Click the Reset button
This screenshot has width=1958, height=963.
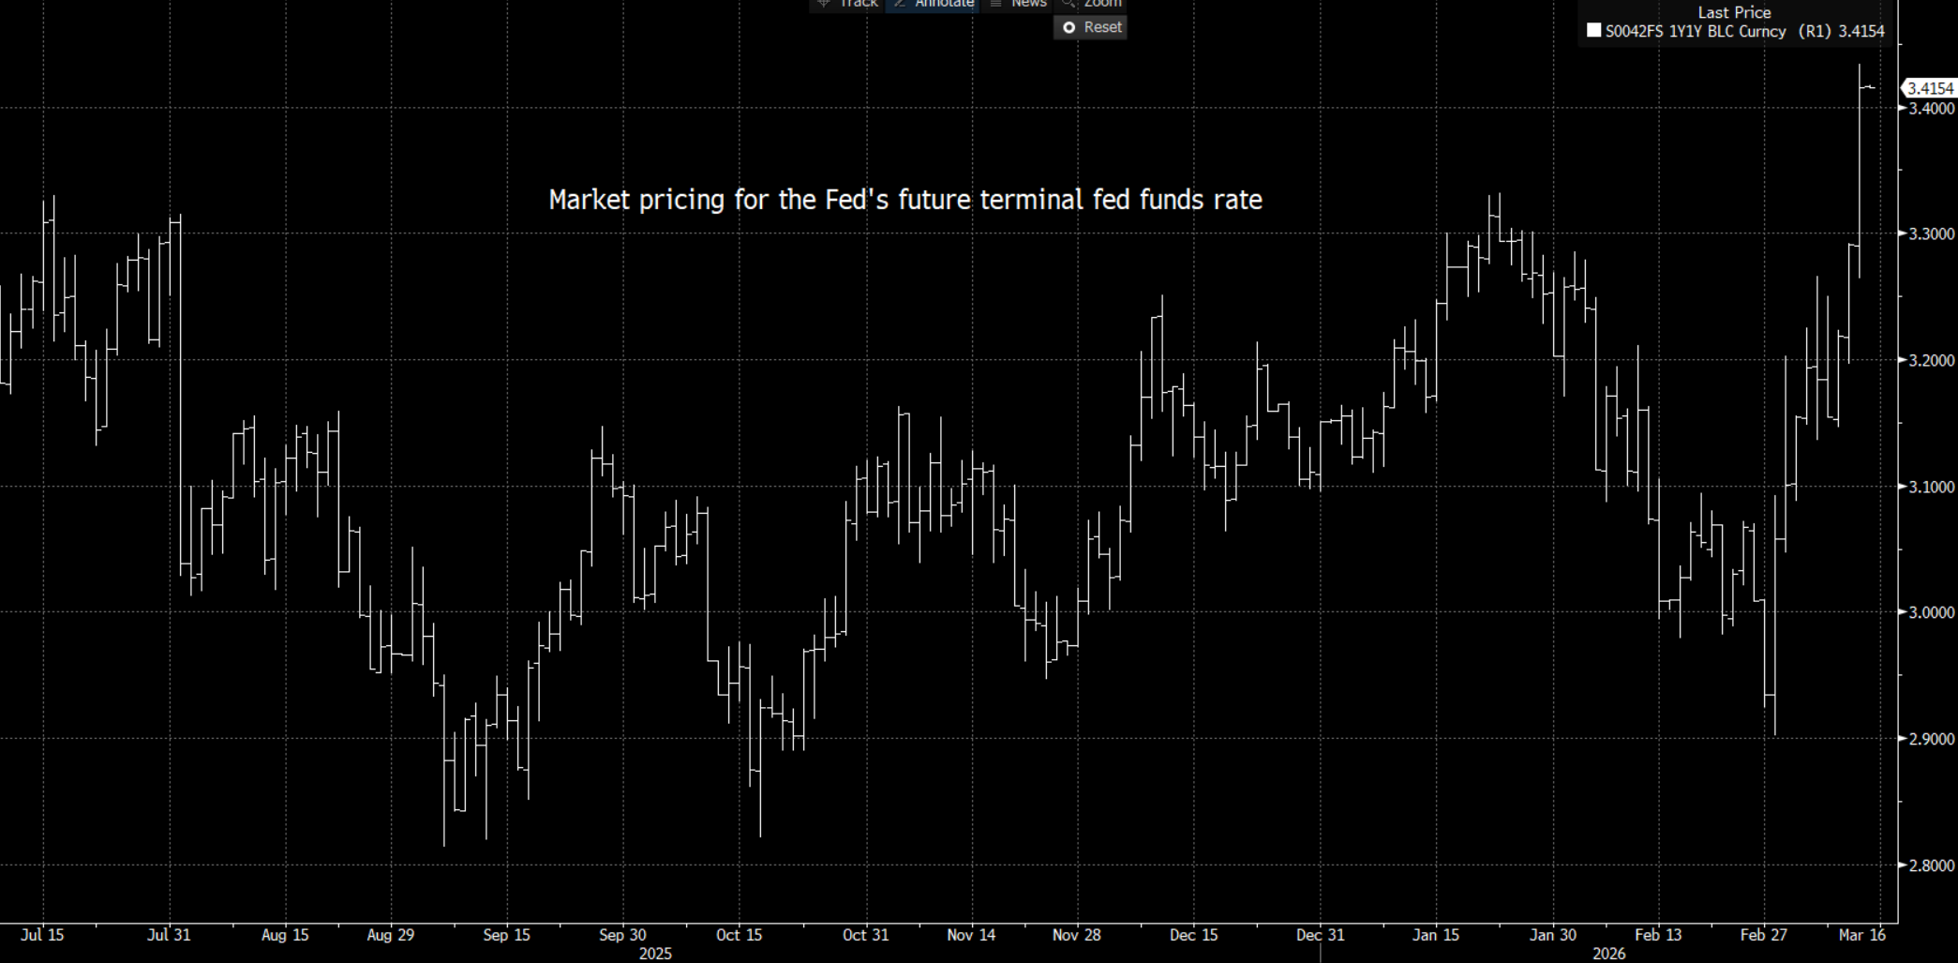pos(1091,27)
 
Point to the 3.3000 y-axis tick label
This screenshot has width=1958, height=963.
pos(1932,233)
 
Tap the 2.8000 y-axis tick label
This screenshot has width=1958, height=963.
pos(1932,865)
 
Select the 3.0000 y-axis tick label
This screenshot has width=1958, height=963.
pos(1932,612)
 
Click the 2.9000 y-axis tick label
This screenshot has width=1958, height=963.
pos(1932,739)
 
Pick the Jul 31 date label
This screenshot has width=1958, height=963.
pos(170,935)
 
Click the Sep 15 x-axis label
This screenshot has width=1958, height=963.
pos(507,935)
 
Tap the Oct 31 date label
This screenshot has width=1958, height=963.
pos(865,935)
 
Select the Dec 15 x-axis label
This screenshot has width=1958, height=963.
pos(1194,935)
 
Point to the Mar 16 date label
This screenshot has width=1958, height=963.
pos(1862,935)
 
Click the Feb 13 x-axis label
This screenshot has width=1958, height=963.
pos(1658,935)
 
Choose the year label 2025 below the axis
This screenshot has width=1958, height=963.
pos(655,954)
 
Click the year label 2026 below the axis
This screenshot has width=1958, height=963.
pos(1609,954)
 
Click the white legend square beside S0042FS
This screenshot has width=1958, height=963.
pos(1593,30)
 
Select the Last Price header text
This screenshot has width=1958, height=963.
pos(1734,12)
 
